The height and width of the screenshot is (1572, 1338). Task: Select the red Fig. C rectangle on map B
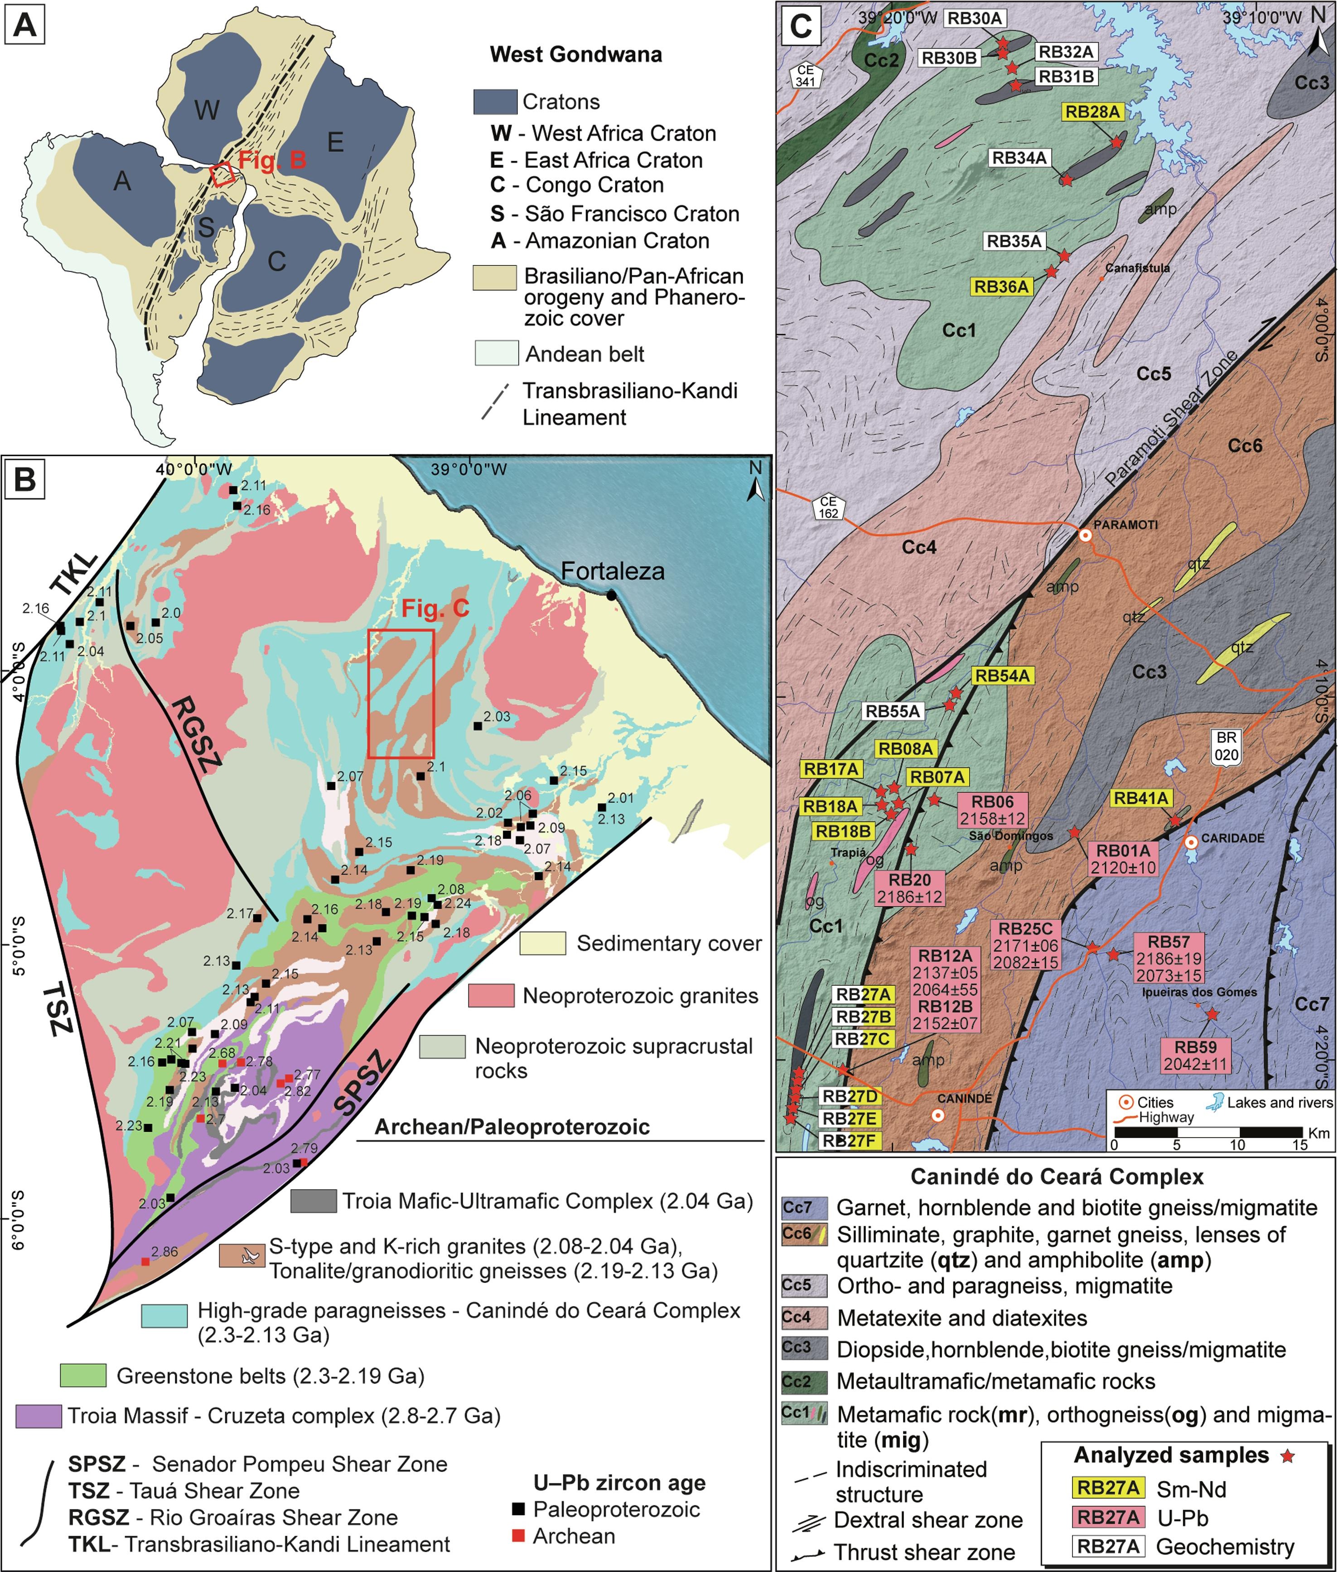coord(401,693)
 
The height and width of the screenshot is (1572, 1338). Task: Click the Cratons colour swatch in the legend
coord(494,101)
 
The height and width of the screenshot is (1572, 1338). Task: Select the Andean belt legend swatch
coord(494,353)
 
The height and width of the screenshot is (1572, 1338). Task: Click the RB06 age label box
coord(992,810)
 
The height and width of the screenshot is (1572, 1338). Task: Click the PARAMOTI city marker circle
coord(1086,535)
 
